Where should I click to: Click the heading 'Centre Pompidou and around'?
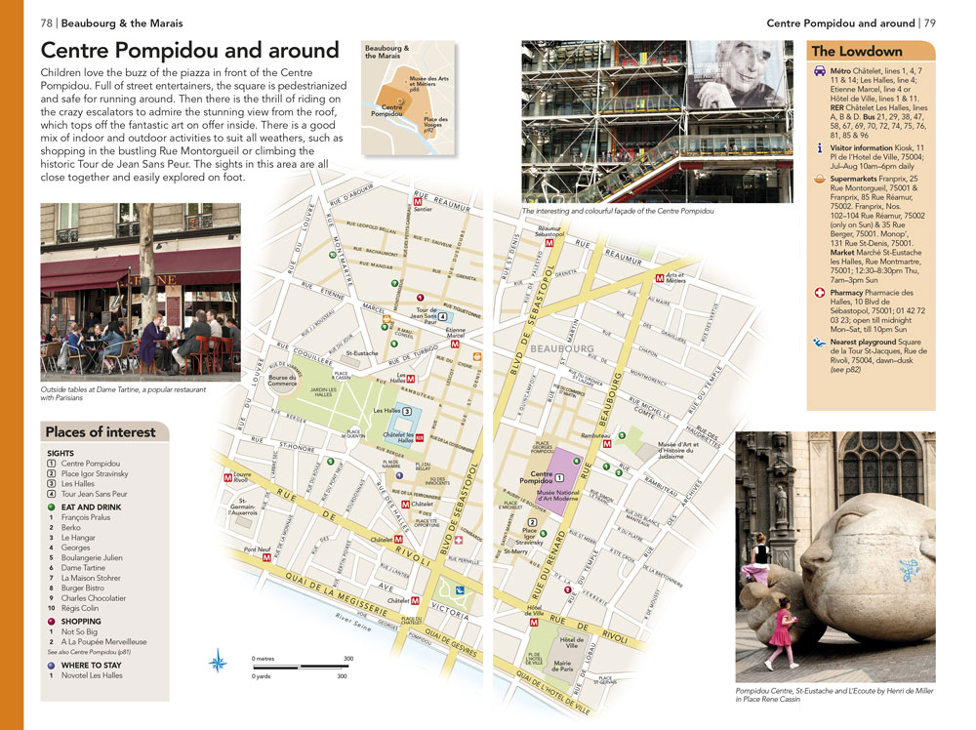pos(189,51)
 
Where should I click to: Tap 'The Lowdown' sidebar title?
pos(857,52)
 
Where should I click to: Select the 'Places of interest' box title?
pos(101,432)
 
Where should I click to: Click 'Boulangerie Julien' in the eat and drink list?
pos(92,557)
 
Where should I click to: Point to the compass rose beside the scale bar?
pos(218,664)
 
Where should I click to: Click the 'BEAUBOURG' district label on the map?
pos(563,347)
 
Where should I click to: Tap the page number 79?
pos(930,22)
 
